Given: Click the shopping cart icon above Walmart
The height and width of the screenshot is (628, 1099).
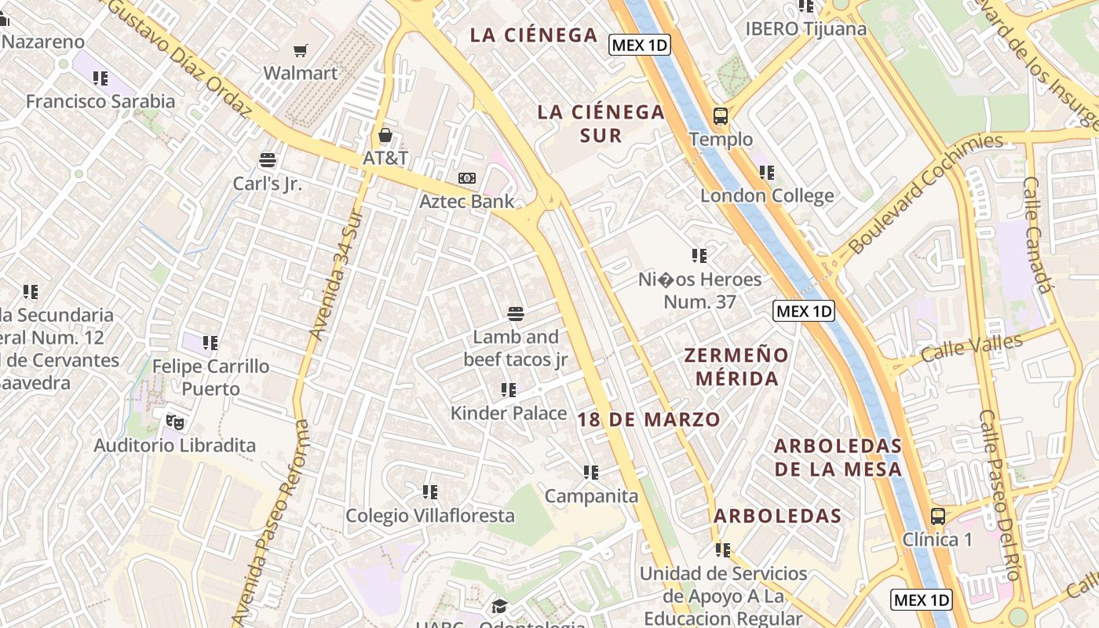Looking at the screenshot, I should [x=300, y=51].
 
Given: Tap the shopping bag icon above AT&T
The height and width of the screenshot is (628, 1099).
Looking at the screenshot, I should [x=385, y=135].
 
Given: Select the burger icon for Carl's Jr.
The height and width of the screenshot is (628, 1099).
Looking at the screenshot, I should [x=268, y=160].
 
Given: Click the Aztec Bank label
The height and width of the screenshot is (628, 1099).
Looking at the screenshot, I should [x=467, y=201].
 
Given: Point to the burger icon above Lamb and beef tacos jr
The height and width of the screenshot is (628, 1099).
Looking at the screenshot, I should [x=516, y=314].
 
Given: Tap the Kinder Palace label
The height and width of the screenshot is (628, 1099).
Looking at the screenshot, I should [x=509, y=413].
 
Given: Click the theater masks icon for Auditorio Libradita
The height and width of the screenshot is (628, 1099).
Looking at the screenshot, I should [x=175, y=422].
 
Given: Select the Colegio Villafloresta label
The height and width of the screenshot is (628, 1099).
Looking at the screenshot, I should [x=430, y=516].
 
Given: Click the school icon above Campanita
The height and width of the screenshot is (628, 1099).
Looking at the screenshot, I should [x=591, y=473].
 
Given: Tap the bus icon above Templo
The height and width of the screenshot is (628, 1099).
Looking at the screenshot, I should [x=721, y=117].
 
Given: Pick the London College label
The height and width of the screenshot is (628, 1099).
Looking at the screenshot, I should [x=767, y=195].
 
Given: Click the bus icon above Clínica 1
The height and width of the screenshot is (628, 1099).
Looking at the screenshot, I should [x=937, y=517].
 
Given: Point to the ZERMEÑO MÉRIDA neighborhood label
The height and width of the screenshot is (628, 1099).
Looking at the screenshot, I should [x=736, y=367].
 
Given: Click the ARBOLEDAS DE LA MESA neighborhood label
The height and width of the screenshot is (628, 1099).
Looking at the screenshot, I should [x=838, y=458].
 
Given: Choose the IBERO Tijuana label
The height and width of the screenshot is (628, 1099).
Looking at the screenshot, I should [x=806, y=29].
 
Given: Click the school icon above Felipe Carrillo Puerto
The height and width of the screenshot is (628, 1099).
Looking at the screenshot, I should [x=210, y=343].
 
